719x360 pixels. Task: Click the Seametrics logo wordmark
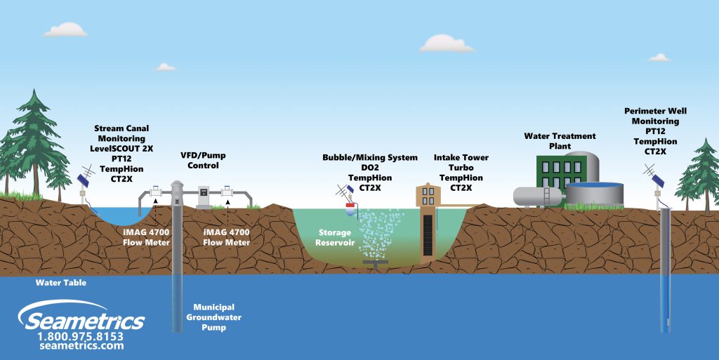point(84,320)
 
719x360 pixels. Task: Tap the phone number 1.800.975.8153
point(82,335)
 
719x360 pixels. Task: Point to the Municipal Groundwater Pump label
point(214,317)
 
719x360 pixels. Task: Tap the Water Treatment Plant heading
point(560,140)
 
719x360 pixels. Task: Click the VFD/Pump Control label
point(203,160)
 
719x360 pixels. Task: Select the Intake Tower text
point(461,158)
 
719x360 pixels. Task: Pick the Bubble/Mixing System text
point(369,158)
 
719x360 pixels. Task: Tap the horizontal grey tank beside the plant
point(537,196)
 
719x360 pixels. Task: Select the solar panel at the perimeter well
point(660,179)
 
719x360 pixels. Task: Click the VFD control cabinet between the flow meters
point(203,196)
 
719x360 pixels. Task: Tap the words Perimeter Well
point(655,111)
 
